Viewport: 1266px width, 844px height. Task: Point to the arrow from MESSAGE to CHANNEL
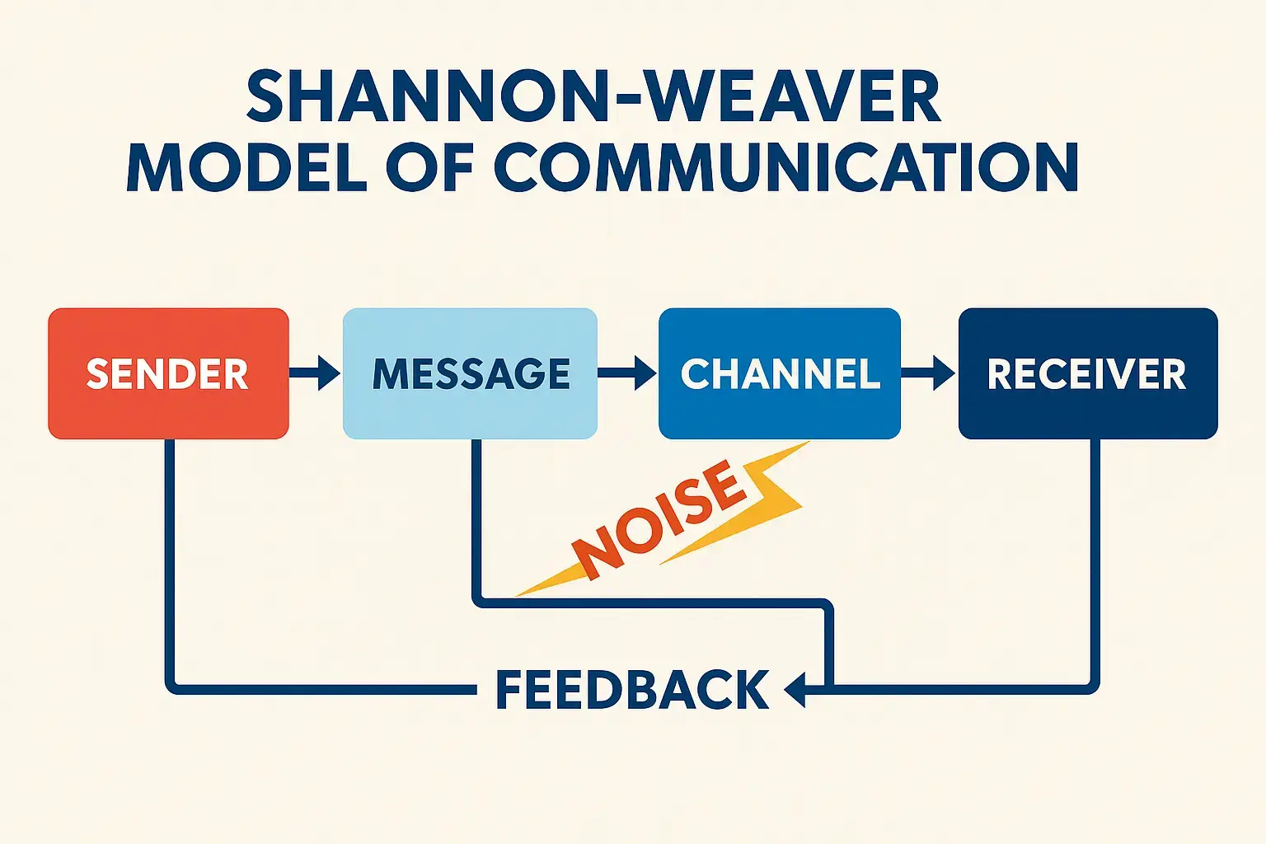pyautogui.click(x=627, y=373)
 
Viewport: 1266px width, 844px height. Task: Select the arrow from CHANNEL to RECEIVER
pyautogui.click(x=929, y=373)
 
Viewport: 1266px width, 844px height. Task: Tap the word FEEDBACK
pyautogui.click(x=632, y=690)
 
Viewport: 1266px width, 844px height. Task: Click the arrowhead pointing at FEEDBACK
pyautogui.click(x=795, y=689)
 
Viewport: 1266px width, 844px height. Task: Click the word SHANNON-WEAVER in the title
pyautogui.click(x=593, y=97)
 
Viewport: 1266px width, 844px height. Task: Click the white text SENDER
pyautogui.click(x=167, y=374)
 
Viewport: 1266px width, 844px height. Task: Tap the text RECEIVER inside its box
pyautogui.click(x=1086, y=374)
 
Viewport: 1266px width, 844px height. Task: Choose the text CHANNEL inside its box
pyautogui.click(x=780, y=374)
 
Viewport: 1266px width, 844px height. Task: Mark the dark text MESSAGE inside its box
pyautogui.click(x=471, y=374)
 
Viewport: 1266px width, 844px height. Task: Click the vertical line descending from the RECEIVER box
pyautogui.click(x=1095, y=560)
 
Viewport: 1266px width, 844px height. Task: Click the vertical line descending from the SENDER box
pyautogui.click(x=170, y=560)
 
